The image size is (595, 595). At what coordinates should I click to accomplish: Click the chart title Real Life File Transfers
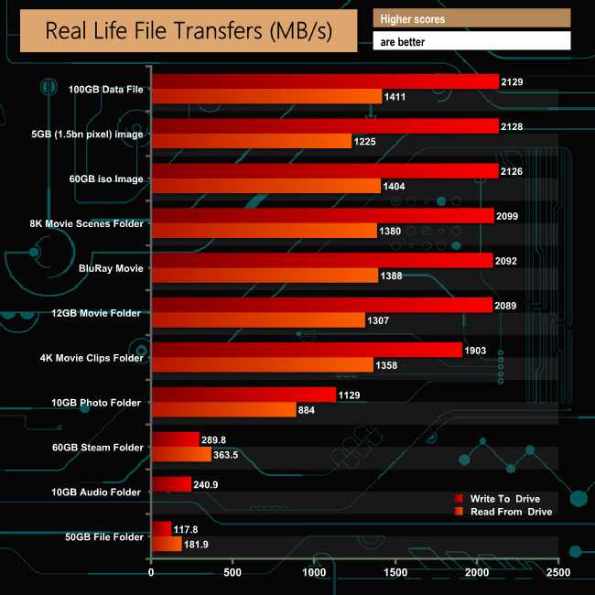coord(188,31)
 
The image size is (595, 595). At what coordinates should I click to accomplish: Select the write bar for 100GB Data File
coord(325,82)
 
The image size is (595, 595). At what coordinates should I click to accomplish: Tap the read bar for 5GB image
coord(251,141)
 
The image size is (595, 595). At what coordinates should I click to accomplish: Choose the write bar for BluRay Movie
coord(321,261)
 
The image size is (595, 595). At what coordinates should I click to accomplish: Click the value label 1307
coord(382,320)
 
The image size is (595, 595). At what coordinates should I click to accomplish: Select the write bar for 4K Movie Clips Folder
coord(307,350)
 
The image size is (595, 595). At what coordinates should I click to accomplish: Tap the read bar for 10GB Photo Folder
coord(223,410)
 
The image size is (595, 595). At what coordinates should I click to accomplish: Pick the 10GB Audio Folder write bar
coord(171,484)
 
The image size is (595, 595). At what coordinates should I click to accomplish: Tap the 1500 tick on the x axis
coord(395,573)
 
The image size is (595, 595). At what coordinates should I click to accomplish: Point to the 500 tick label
coord(233,573)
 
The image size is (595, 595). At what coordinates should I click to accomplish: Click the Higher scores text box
coord(471,18)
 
